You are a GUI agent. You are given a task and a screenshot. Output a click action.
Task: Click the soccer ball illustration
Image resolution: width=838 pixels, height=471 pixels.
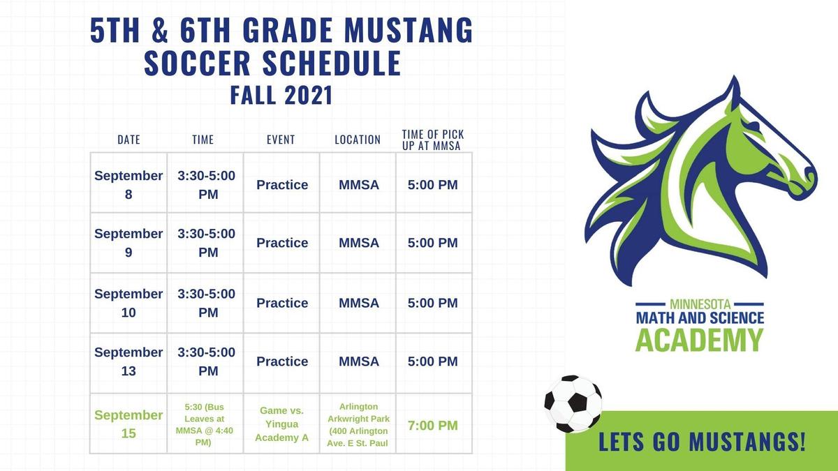click(573, 404)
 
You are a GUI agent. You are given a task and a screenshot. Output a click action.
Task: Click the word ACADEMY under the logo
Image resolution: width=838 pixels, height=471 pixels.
click(699, 340)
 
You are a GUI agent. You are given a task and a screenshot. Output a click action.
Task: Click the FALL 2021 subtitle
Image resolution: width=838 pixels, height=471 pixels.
click(281, 96)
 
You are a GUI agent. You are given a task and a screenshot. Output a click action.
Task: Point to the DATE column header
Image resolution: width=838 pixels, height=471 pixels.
click(128, 140)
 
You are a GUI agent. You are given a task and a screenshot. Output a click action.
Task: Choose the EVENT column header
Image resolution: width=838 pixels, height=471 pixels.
click(281, 140)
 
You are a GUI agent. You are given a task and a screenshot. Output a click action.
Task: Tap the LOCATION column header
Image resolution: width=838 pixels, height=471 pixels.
click(358, 140)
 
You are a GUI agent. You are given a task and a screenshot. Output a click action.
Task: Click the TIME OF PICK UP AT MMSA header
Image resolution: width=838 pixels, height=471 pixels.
click(433, 140)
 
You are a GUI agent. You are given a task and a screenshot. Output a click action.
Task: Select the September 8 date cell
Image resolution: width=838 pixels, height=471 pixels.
click(128, 185)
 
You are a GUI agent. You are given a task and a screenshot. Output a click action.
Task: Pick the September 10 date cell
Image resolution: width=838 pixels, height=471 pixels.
click(128, 304)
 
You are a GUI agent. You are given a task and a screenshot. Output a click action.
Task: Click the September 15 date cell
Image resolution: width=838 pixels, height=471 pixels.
click(128, 424)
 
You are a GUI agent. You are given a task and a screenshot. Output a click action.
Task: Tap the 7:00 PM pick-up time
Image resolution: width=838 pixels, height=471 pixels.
click(433, 425)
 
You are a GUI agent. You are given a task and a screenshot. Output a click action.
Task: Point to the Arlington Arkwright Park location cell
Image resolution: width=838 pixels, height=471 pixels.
click(358, 424)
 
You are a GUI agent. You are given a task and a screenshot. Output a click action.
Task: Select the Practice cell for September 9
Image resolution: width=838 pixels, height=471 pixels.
click(282, 243)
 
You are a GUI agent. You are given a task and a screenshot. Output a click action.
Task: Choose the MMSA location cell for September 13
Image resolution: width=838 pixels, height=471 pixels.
click(358, 361)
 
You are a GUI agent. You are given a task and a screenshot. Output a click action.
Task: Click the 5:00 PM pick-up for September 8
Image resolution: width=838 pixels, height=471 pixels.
click(433, 185)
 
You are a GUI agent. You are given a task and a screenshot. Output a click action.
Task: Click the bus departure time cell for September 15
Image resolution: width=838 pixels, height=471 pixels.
click(205, 424)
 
